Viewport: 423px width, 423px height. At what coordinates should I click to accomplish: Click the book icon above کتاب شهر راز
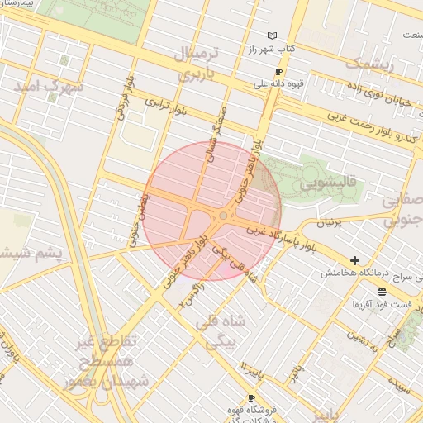(273, 36)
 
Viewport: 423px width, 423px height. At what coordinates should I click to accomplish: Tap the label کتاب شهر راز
(273, 50)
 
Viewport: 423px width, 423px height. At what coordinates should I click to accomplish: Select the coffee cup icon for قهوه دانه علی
(278, 71)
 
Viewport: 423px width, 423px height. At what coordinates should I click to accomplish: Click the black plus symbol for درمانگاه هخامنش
(355, 260)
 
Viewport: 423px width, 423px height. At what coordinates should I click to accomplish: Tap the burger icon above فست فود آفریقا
(381, 292)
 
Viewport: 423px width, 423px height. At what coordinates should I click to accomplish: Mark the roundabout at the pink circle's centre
(222, 216)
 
